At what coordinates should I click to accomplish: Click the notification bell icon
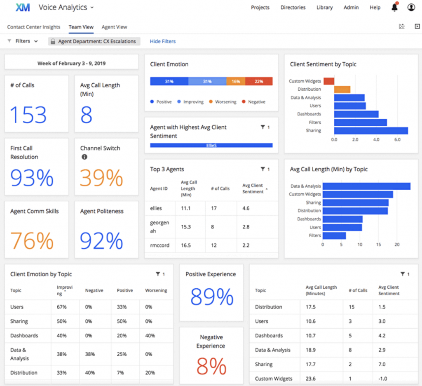click(394, 7)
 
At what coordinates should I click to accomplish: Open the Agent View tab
click(114, 27)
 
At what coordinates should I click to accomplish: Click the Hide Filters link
click(162, 41)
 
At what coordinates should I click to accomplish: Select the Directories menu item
click(293, 7)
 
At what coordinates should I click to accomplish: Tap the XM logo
click(23, 7)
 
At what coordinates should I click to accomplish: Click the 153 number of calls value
click(28, 114)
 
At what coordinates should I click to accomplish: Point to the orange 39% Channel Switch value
click(101, 178)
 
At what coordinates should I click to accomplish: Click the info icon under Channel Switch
click(84, 157)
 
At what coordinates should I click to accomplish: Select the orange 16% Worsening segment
click(236, 82)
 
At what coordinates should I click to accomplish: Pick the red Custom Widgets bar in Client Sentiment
click(328, 81)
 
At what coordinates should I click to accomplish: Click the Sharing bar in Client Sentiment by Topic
click(370, 131)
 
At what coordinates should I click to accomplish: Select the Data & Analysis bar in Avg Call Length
click(366, 186)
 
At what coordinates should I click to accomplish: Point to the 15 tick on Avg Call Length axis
click(378, 245)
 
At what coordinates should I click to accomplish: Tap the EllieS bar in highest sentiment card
click(211, 145)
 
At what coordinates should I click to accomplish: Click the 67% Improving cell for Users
click(61, 307)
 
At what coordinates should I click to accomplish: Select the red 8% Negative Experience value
click(211, 365)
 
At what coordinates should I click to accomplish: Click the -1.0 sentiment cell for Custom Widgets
click(384, 379)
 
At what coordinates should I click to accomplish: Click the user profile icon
click(411, 7)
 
